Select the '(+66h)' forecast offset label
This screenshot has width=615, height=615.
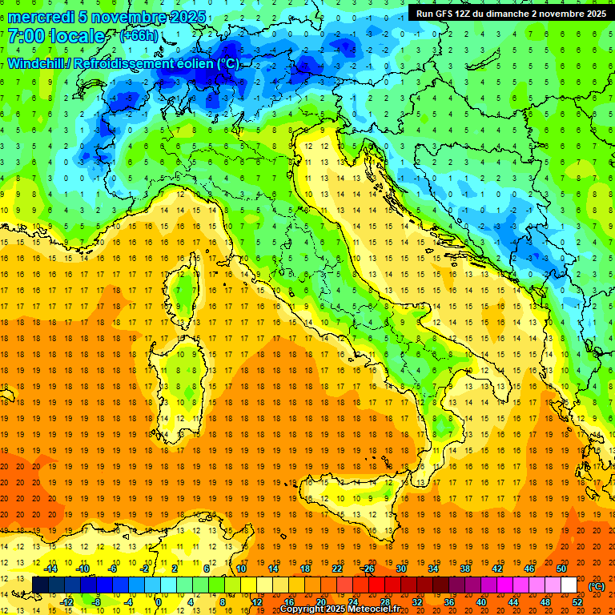138,36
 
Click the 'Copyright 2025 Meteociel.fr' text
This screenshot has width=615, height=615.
340,609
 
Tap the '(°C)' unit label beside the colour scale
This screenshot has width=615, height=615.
596,586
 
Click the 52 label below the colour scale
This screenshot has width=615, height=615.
577,602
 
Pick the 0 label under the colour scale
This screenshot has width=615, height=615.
159,602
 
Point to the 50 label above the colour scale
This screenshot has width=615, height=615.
561,568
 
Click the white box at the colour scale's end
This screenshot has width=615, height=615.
569,585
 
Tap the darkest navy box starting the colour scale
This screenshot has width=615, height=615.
40,585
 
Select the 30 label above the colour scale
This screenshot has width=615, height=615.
400,568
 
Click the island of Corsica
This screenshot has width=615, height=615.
184,289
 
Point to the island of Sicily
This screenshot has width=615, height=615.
356,500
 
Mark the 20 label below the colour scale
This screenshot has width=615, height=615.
320,602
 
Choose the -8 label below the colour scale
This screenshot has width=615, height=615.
97,602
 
